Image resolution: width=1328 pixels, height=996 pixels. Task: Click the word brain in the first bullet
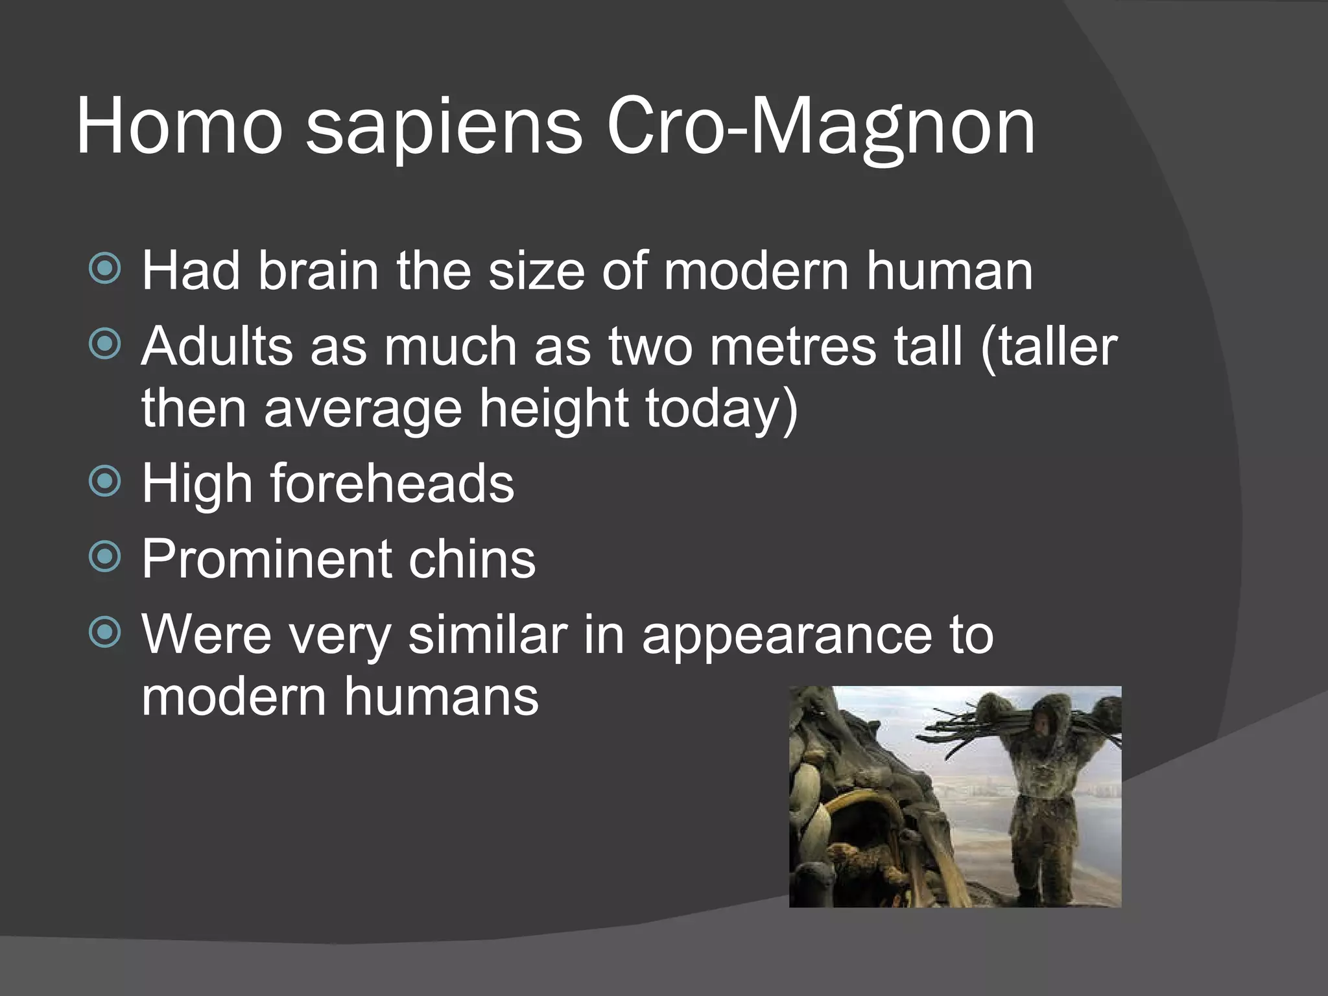tap(318, 270)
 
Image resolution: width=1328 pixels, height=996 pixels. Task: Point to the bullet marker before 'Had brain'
tap(104, 268)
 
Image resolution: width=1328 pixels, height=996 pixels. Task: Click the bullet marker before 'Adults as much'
tap(104, 344)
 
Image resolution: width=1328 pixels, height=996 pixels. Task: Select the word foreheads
tap(392, 483)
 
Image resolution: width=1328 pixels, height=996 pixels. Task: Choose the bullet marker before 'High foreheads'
tap(104, 481)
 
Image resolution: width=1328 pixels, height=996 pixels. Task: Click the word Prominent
tap(267, 558)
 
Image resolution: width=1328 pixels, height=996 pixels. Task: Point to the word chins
tap(471, 558)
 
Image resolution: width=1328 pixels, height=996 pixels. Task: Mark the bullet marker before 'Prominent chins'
tap(104, 556)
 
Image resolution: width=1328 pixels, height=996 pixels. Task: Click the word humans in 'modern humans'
tap(441, 696)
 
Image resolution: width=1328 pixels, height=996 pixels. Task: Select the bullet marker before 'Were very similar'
tap(104, 632)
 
